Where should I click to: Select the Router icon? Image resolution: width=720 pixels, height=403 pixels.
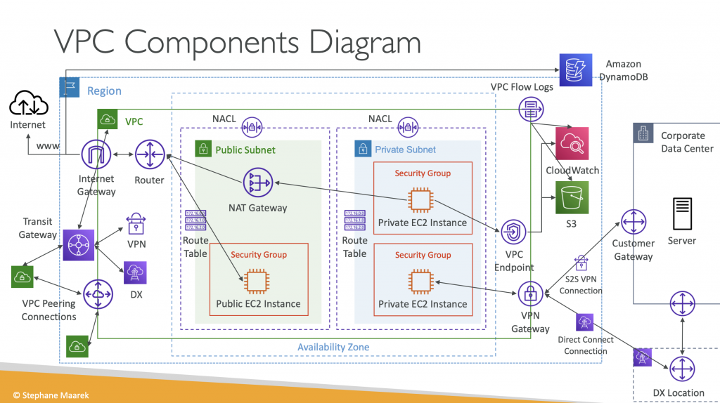pyautogui.click(x=149, y=154)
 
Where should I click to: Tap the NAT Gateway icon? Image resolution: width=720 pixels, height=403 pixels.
pyautogui.click(x=258, y=183)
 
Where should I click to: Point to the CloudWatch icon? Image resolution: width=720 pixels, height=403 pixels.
pyautogui.click(x=572, y=145)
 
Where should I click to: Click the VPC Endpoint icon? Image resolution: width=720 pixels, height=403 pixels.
pyautogui.click(x=514, y=232)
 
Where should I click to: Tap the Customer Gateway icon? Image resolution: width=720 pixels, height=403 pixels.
pyautogui.click(x=634, y=221)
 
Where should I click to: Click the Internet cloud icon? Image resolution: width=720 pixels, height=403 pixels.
pyautogui.click(x=28, y=105)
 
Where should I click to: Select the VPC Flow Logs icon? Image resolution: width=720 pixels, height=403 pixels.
pyautogui.click(x=531, y=109)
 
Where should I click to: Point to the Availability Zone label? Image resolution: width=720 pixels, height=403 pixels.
pyautogui.click(x=333, y=348)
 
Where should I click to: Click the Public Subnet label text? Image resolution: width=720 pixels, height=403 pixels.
pyautogui.click(x=245, y=150)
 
